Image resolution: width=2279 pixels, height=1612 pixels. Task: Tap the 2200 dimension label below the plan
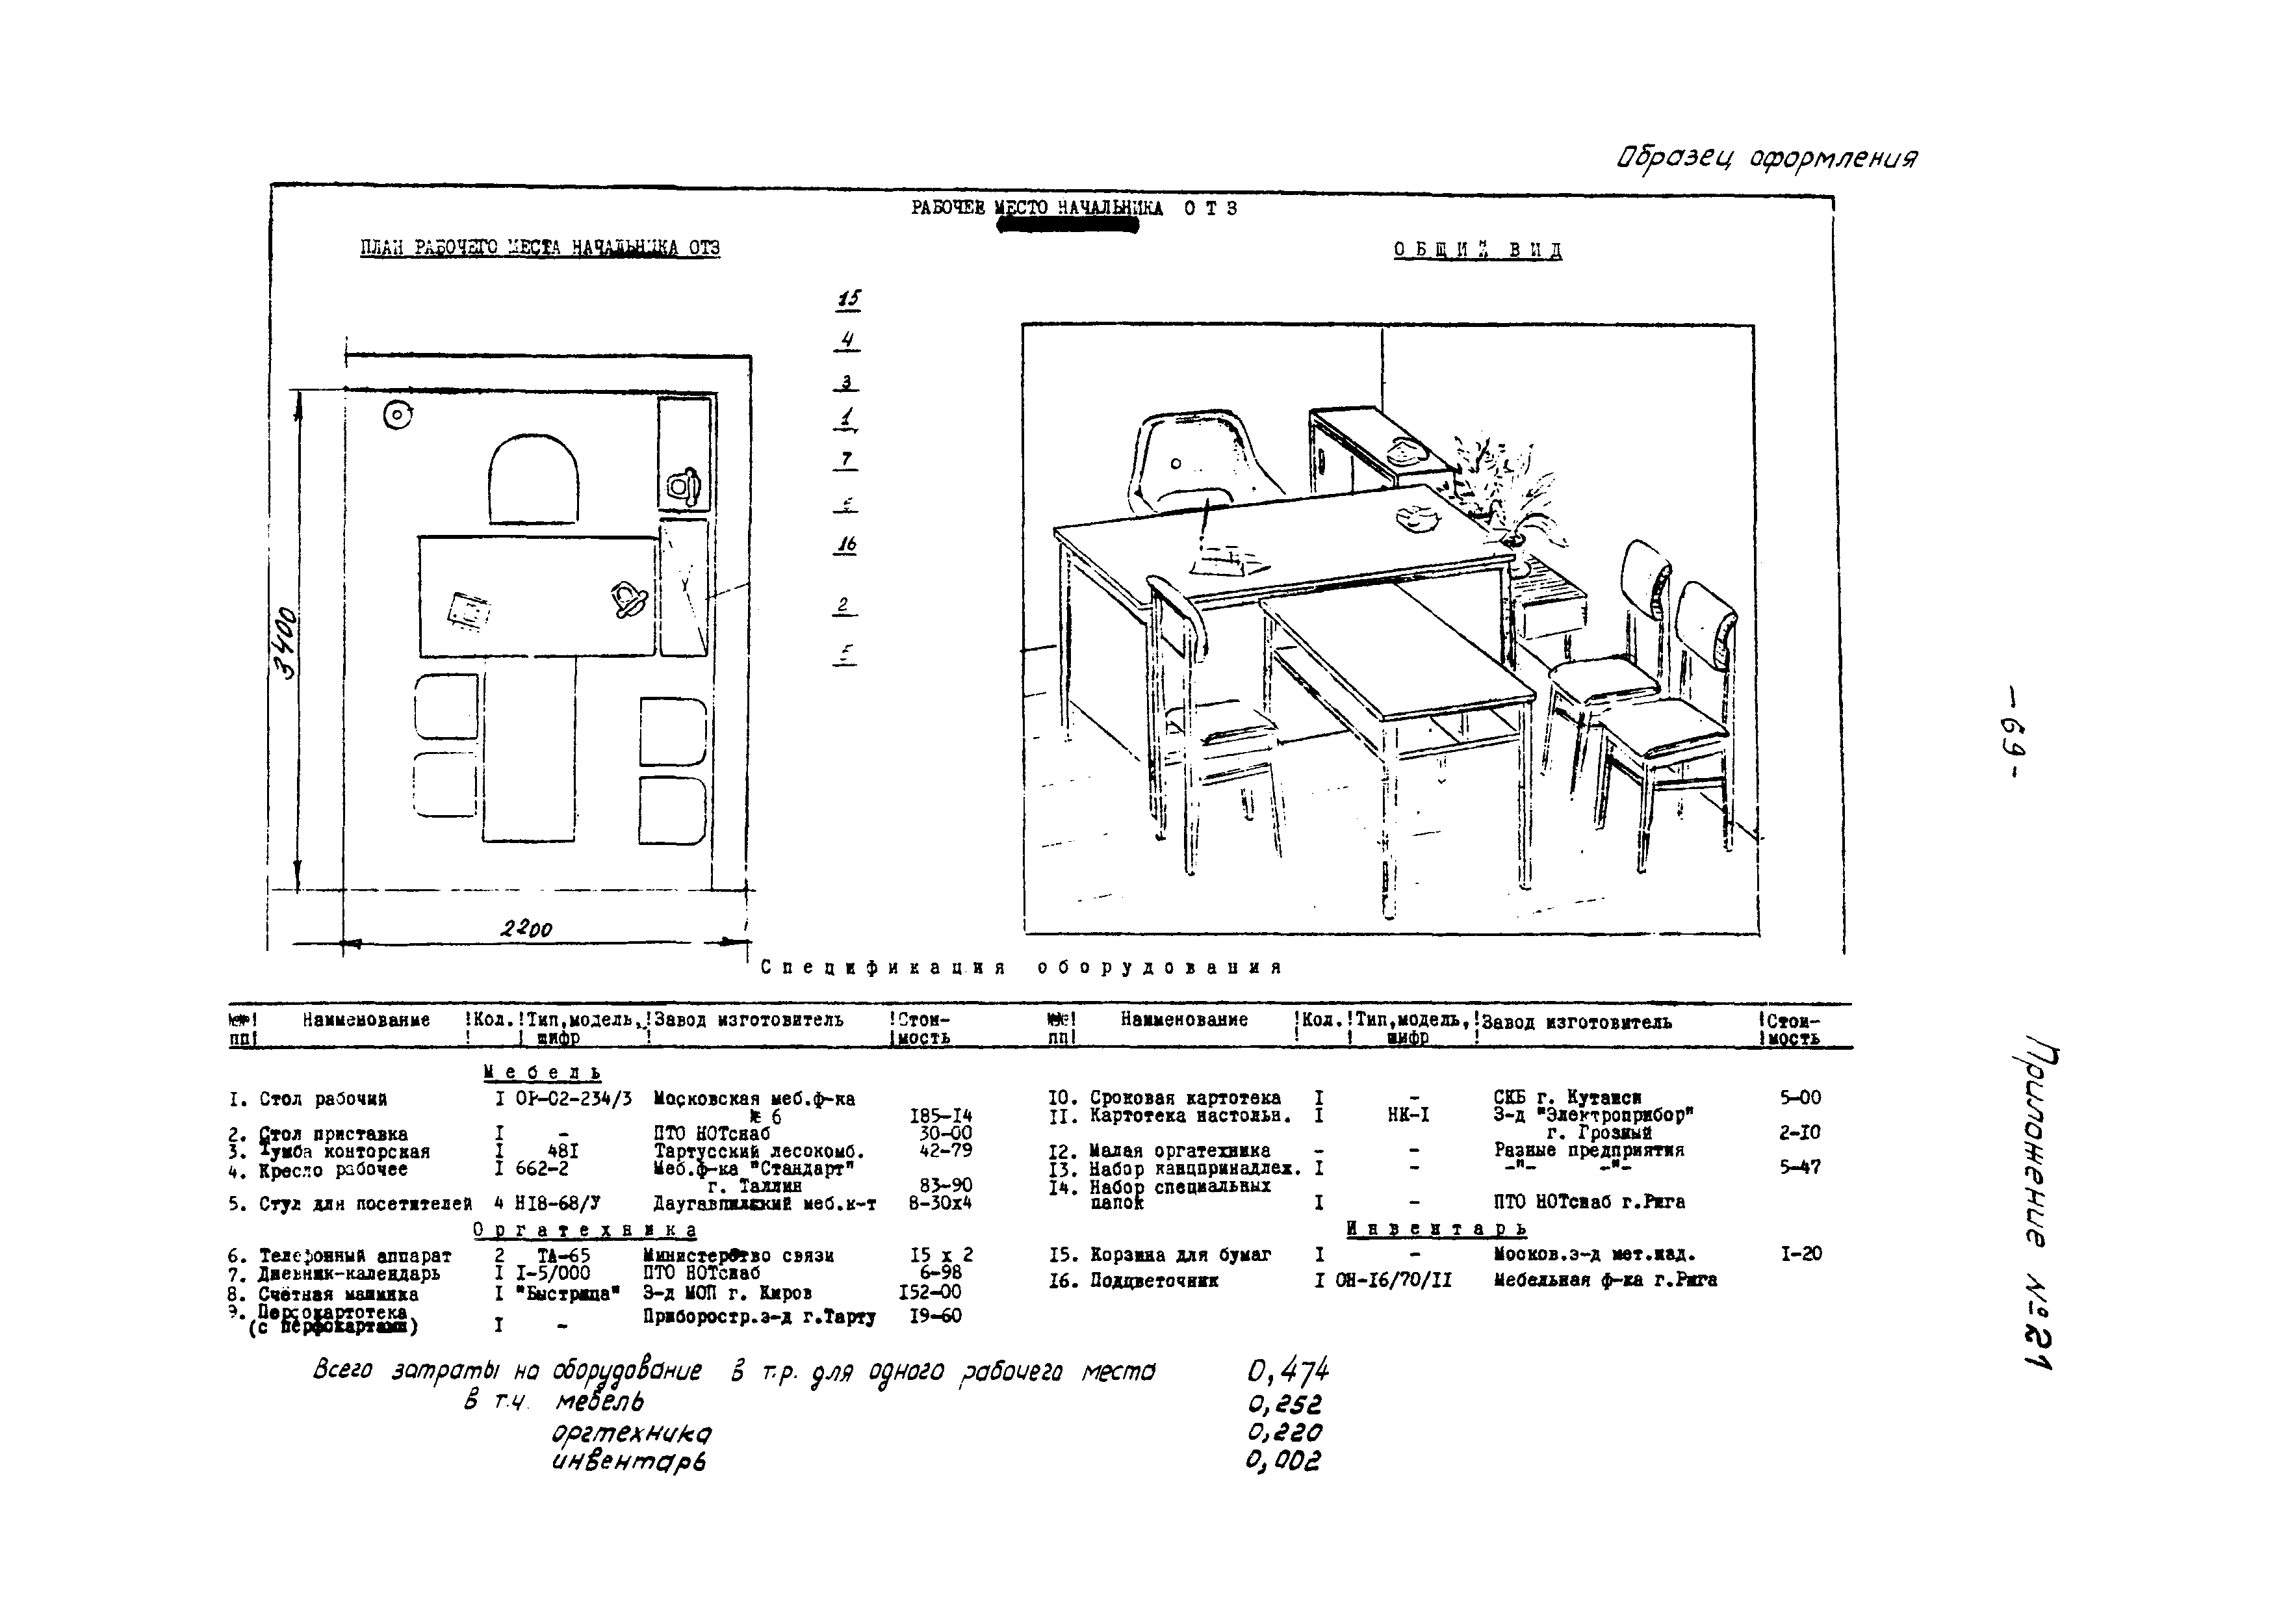(526, 929)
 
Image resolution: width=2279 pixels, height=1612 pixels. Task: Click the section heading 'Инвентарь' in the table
(1436, 1229)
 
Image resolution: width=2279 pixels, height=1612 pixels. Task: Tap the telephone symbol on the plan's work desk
(629, 599)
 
